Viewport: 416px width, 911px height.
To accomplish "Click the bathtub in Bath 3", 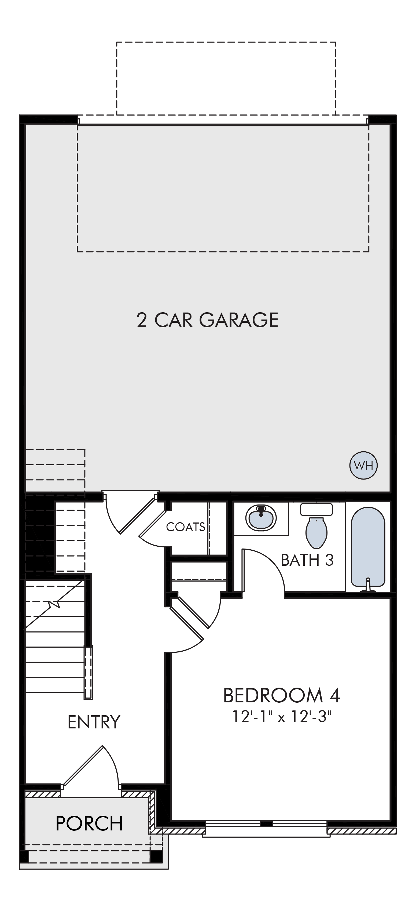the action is coord(368,547).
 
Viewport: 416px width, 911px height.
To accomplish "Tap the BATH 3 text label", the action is coord(307,560).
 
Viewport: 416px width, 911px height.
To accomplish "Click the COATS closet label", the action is coord(185,527).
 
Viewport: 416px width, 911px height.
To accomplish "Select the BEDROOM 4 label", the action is coord(281,695).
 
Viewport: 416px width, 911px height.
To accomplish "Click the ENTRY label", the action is coord(94,722).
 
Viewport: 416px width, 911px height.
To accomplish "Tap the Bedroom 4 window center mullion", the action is coord(266,823).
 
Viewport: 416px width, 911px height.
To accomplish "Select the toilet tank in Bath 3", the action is coord(316,510).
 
